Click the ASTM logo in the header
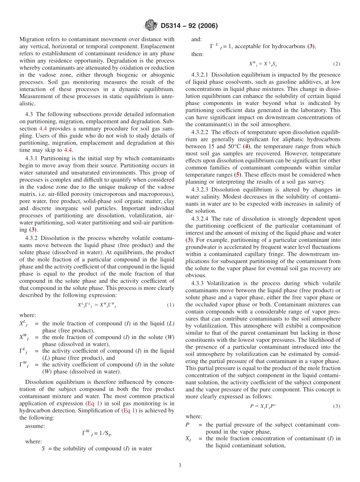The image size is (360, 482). [151, 26]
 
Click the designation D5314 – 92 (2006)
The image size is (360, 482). [189, 26]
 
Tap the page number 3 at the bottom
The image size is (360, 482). [180, 465]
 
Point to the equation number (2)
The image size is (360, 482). [337, 64]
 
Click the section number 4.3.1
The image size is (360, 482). [32, 158]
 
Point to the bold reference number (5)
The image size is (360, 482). [237, 175]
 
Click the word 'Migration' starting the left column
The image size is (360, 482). [33, 39]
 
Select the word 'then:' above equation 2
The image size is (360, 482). [197, 54]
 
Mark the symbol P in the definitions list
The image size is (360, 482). [188, 425]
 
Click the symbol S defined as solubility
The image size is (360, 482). [44, 449]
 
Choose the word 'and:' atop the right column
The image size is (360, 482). [197, 39]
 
